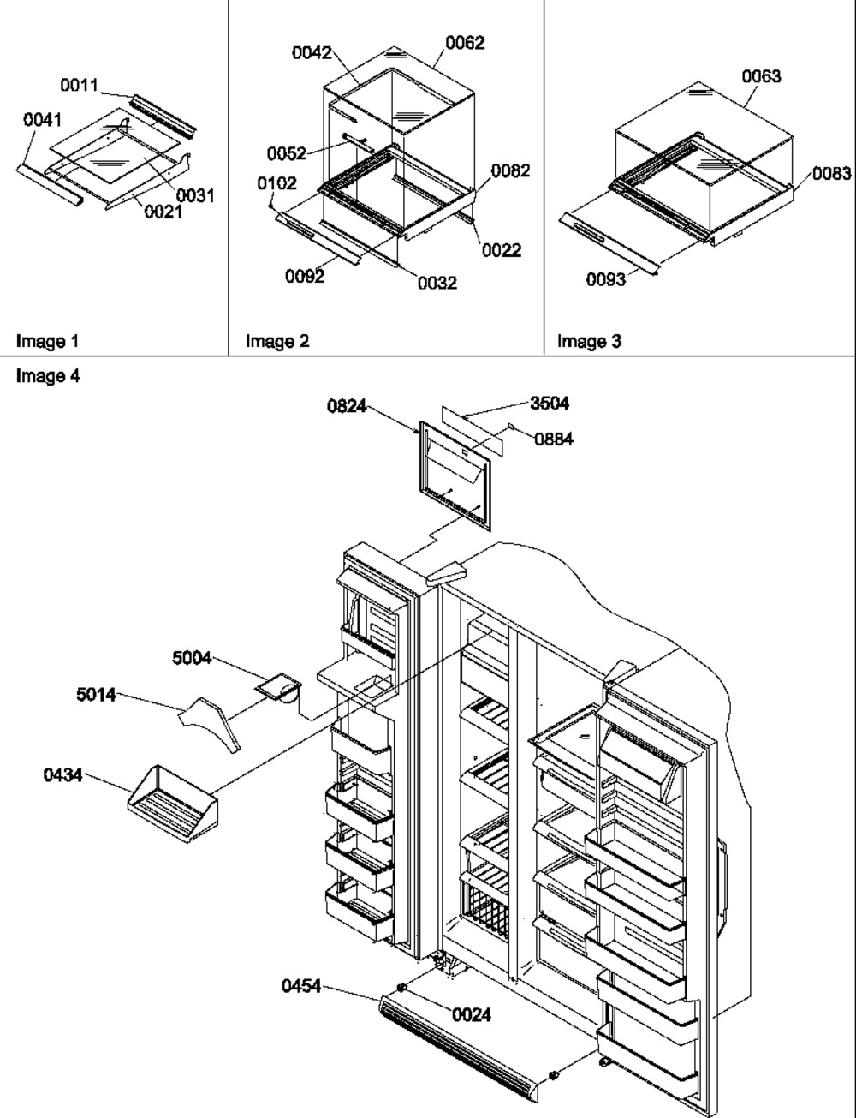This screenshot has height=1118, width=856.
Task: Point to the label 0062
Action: (465, 42)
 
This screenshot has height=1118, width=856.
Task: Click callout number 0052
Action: (286, 153)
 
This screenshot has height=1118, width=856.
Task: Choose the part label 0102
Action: (276, 182)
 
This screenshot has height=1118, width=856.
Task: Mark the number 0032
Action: (437, 283)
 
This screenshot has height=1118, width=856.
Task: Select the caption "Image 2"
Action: (277, 342)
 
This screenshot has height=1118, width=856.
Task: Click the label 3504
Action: (550, 404)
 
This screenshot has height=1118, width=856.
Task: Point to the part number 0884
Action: (554, 439)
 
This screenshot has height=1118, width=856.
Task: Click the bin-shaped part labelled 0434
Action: (173, 800)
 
